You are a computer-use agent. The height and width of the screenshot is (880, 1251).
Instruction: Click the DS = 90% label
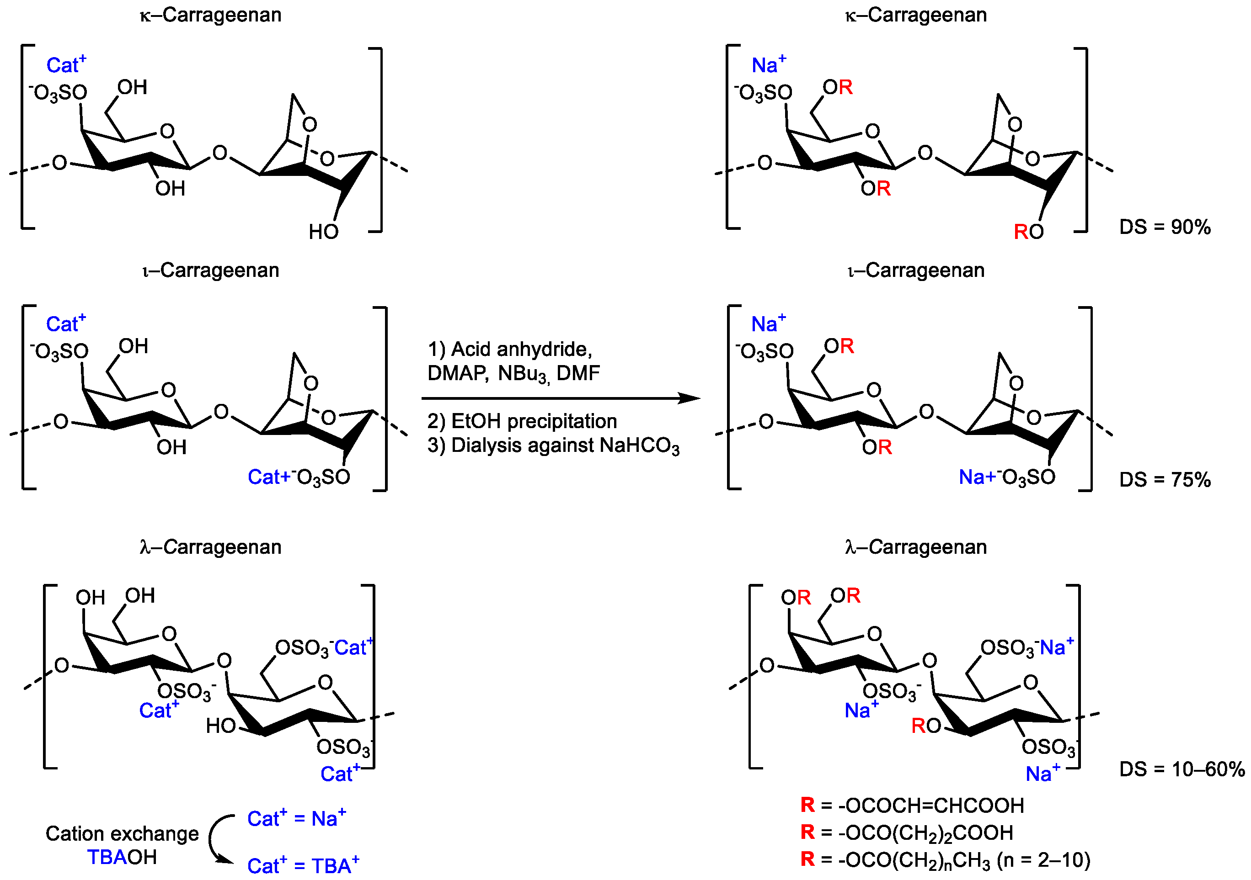1165,227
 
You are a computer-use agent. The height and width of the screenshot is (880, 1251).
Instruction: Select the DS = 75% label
1165,479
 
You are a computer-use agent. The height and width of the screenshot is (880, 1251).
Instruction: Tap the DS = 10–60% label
1181,769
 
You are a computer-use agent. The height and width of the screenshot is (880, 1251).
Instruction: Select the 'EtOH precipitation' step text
534,421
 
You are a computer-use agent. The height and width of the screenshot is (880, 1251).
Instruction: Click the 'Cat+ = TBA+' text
303,865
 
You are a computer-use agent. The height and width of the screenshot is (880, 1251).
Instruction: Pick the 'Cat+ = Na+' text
296,818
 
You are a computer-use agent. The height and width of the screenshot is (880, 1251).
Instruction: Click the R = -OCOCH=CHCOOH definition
912,805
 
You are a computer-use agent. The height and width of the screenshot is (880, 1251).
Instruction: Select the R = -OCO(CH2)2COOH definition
906,832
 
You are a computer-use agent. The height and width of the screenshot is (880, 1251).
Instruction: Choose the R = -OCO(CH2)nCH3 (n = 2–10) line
945,860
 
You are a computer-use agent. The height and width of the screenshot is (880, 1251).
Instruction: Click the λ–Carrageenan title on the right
915,547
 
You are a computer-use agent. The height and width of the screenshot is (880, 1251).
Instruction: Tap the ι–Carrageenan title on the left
210,270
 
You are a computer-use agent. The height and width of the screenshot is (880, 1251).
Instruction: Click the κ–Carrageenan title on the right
915,15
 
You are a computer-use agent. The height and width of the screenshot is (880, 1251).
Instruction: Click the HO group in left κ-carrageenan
324,232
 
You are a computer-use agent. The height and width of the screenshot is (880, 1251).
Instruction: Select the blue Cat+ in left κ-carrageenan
66,65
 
